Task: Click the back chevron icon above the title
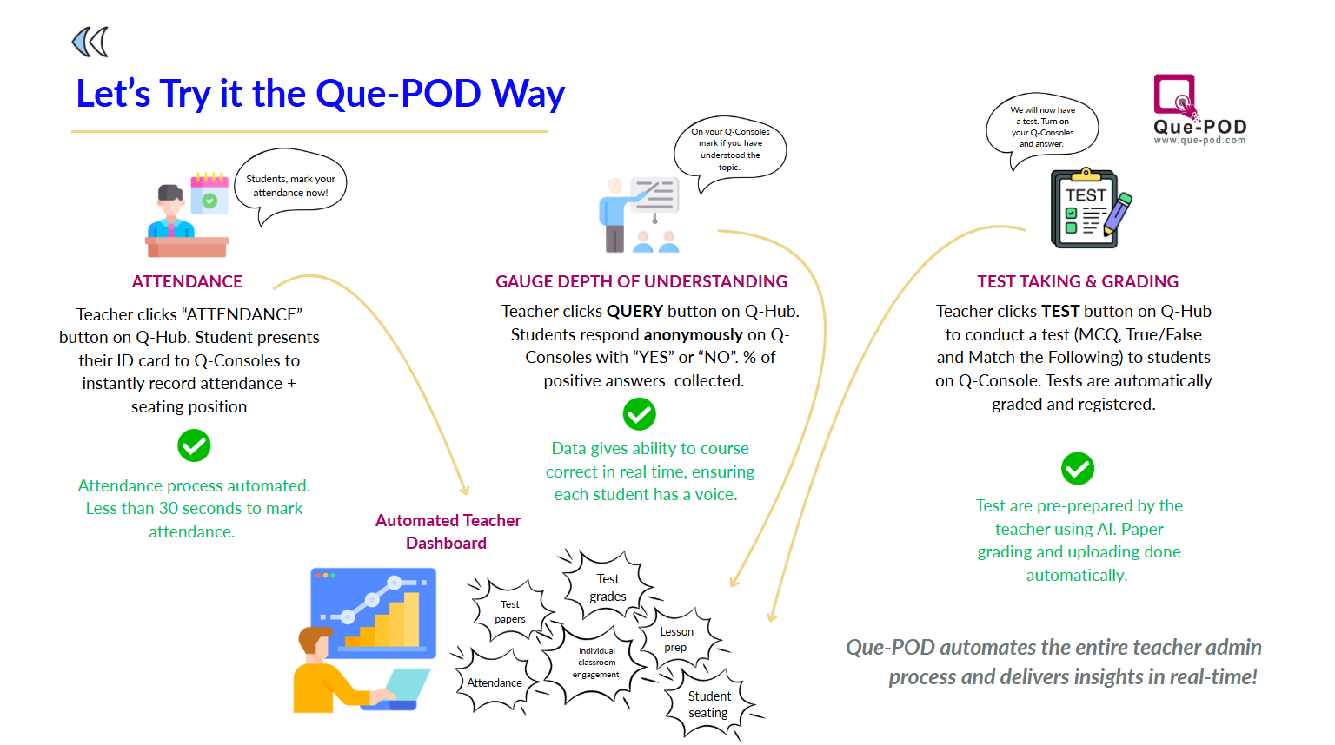click(90, 42)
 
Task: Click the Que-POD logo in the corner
click(1199, 108)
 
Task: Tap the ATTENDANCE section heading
click(187, 281)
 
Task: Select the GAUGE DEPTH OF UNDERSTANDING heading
click(641, 281)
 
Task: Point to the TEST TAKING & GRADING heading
click(1078, 281)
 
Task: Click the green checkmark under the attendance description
click(194, 445)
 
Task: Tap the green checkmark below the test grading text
click(1078, 469)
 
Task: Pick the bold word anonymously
click(693, 334)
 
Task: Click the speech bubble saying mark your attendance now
click(290, 186)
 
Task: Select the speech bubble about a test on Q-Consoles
click(1042, 127)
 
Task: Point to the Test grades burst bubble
click(608, 588)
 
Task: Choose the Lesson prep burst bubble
click(676, 640)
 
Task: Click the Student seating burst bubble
click(709, 704)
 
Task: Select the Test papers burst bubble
click(510, 611)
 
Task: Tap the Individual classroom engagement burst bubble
click(596, 663)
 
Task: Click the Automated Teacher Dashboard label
click(448, 531)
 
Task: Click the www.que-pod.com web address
click(1199, 140)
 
